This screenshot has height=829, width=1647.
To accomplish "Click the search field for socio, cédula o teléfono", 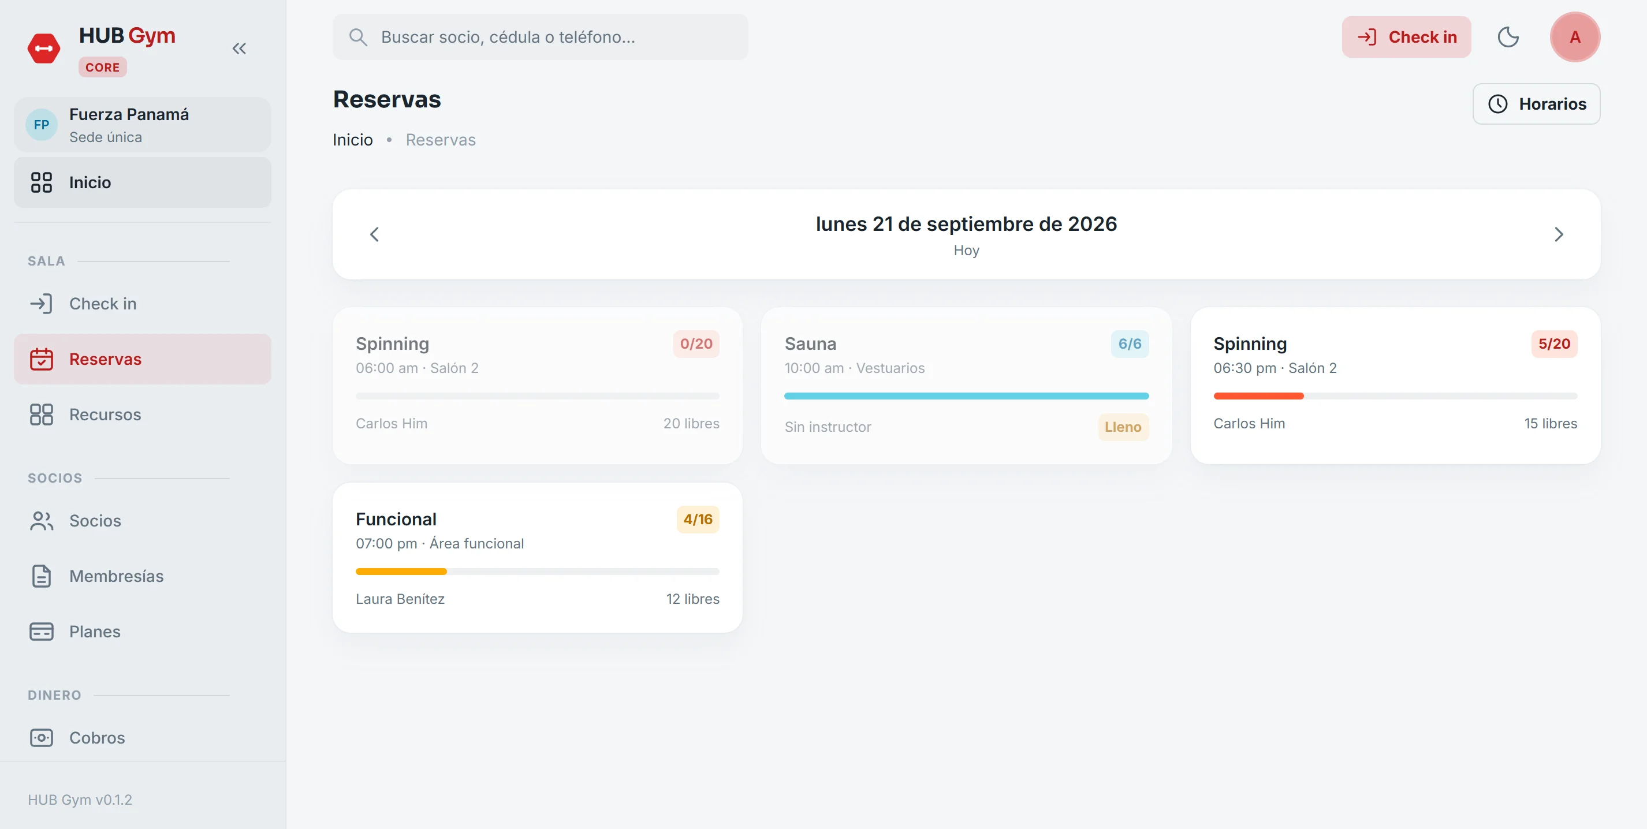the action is [541, 37].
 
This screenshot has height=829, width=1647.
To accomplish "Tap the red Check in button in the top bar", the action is [1406, 37].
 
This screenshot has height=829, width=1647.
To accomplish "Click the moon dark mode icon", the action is [1508, 37].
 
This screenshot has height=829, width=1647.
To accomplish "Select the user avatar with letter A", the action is [1575, 37].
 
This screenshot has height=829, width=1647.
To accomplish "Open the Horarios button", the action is [1536, 103].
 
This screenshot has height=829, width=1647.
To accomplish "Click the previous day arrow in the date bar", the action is [375, 234].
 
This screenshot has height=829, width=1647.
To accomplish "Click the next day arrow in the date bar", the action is [1558, 234].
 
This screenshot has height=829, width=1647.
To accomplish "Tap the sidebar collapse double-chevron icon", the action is [239, 48].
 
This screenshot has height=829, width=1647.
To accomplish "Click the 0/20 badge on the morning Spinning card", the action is [696, 344].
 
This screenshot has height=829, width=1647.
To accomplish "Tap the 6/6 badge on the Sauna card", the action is [1130, 344].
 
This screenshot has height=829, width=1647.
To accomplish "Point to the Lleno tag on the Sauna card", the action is [1123, 427].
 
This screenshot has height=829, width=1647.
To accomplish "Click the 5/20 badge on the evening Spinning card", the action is [1554, 344].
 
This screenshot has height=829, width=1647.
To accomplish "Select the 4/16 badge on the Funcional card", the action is [698, 519].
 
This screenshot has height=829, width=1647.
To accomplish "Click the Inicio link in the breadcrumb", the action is [352, 140].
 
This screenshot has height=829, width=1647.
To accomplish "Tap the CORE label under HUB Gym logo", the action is [102, 67].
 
